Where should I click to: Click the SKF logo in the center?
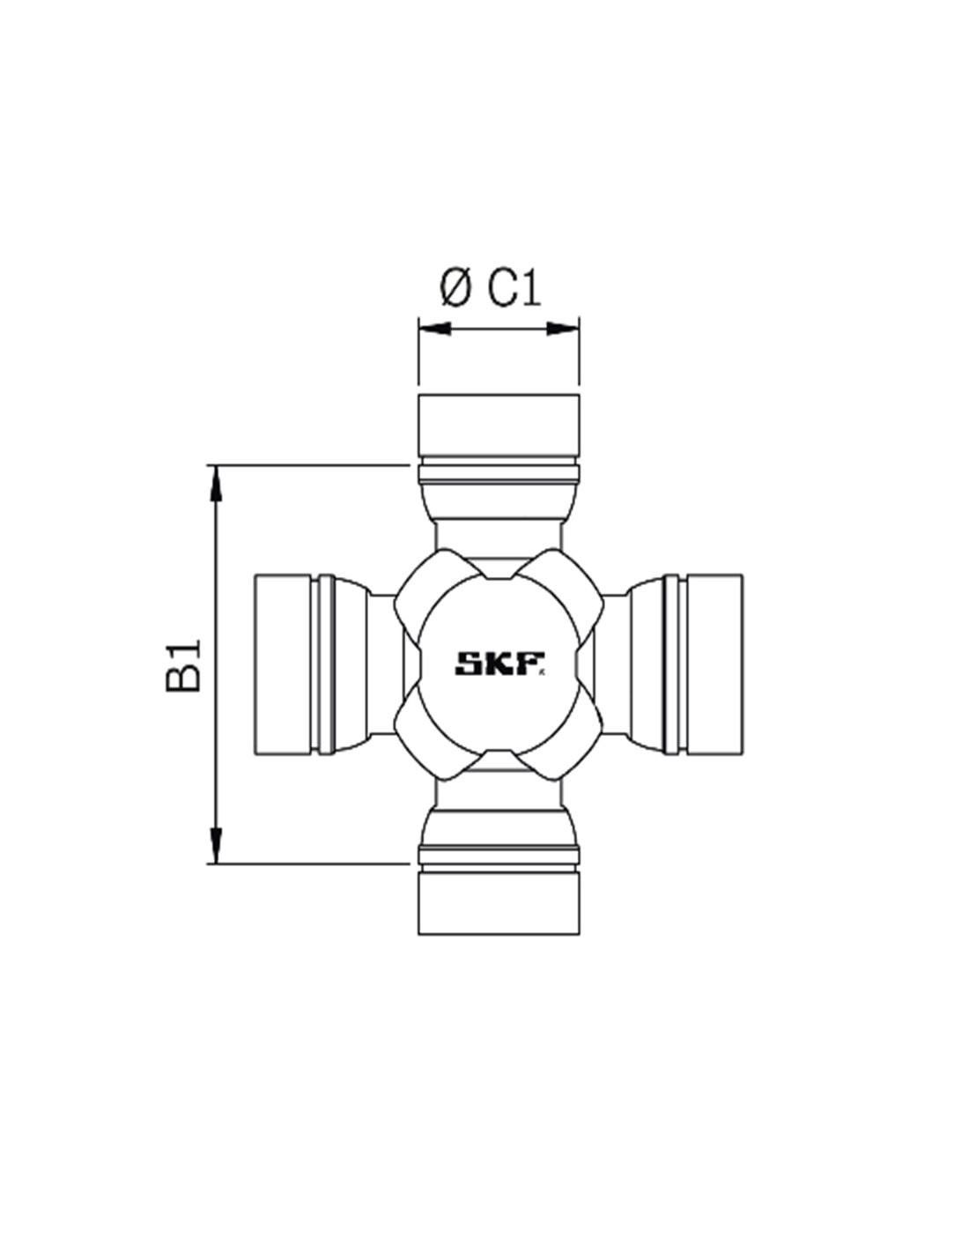coord(499,664)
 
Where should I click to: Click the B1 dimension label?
coord(183,664)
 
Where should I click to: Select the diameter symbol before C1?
coord(455,288)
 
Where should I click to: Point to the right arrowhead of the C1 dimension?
coord(563,329)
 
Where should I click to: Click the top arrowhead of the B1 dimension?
coord(216,480)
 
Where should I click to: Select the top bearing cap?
coord(499,425)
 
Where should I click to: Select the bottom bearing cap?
coord(499,903)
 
